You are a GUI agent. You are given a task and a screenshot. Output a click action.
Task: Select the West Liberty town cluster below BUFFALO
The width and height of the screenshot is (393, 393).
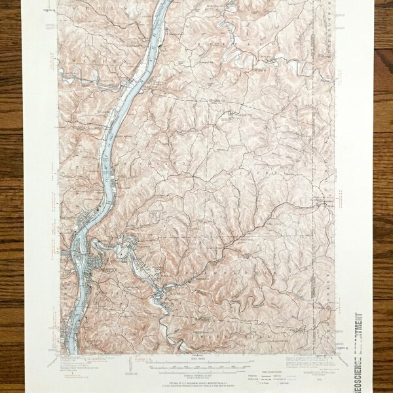(229, 117)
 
